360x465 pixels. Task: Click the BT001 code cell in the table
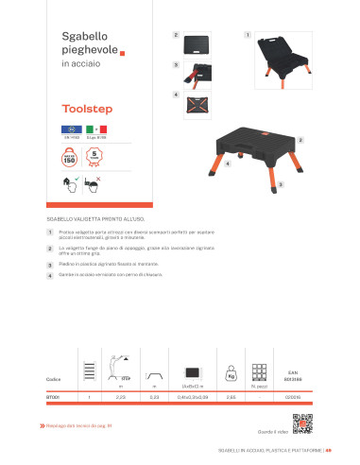click(x=56, y=396)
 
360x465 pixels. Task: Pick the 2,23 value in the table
click(x=120, y=396)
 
